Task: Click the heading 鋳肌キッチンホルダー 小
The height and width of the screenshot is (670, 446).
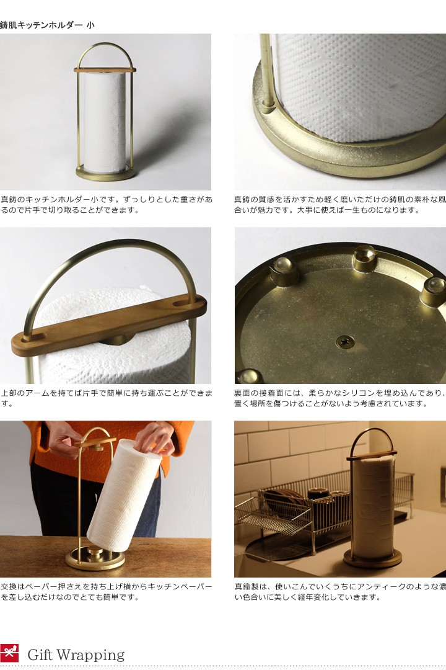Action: [48, 25]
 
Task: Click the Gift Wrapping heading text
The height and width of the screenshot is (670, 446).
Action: [76, 654]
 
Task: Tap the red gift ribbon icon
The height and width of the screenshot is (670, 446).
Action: [9, 653]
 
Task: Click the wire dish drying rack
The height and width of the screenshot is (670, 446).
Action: [291, 509]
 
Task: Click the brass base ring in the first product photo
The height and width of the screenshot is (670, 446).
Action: [105, 173]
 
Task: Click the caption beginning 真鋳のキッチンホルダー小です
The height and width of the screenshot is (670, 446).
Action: [106, 205]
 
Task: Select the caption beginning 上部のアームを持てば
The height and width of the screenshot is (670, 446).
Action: [106, 398]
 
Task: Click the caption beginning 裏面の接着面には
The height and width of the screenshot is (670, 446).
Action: [339, 398]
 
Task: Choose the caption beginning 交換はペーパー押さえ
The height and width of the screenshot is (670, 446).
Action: [106, 592]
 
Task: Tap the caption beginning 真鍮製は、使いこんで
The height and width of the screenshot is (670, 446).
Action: [339, 592]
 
